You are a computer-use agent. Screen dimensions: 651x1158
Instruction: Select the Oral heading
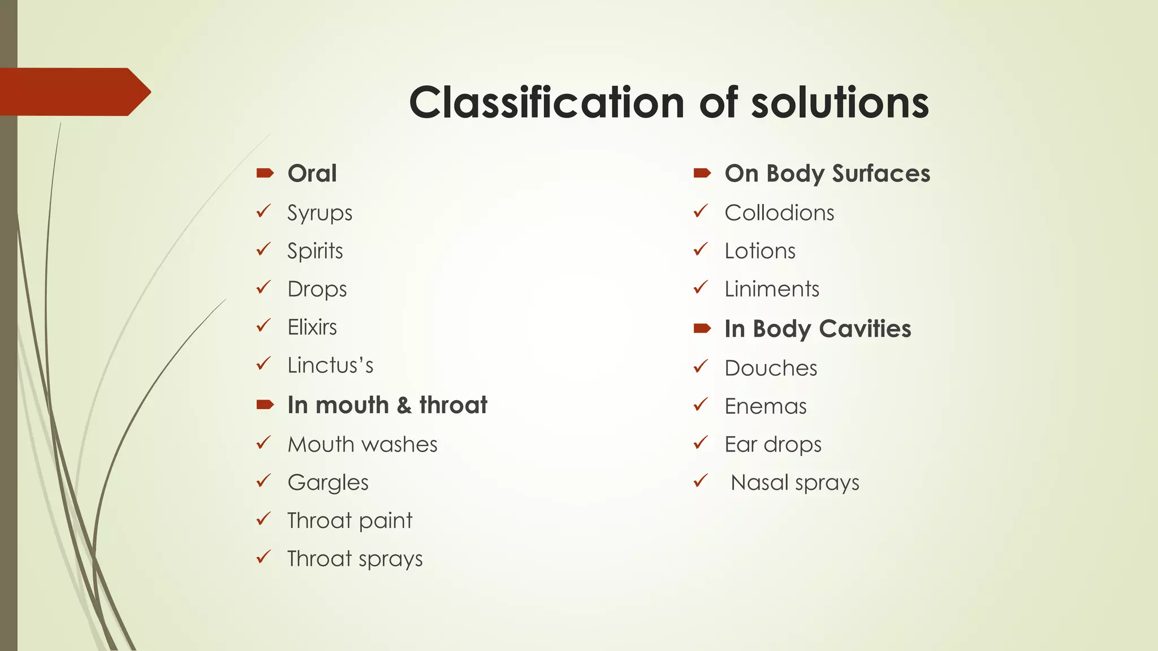click(x=312, y=173)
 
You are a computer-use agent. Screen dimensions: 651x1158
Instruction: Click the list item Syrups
click(x=319, y=213)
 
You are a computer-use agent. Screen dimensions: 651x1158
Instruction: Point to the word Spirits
click(x=315, y=251)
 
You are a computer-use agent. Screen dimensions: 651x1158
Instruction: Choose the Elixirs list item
click(x=312, y=327)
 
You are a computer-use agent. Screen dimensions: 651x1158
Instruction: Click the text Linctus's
click(x=330, y=365)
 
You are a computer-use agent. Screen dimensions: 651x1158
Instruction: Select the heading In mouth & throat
click(x=387, y=405)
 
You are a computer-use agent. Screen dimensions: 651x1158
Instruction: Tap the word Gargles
click(x=328, y=483)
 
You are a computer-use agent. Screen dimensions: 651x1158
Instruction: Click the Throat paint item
click(x=350, y=520)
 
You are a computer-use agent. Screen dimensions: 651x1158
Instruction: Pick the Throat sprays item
click(x=355, y=559)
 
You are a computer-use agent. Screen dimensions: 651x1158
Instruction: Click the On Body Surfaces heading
click(x=827, y=173)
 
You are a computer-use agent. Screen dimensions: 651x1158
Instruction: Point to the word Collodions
click(x=779, y=213)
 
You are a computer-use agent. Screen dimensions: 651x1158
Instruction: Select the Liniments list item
click(x=772, y=289)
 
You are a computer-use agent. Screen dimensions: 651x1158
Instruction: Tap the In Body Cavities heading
click(x=818, y=329)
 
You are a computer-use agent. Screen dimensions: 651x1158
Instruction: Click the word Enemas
click(x=766, y=406)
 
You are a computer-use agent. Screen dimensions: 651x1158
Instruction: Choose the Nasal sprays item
click(x=794, y=483)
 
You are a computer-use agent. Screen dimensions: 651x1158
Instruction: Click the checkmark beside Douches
click(x=701, y=367)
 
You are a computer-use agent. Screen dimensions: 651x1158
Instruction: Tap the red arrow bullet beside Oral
click(x=265, y=173)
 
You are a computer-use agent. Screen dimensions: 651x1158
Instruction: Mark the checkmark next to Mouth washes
click(x=263, y=443)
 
